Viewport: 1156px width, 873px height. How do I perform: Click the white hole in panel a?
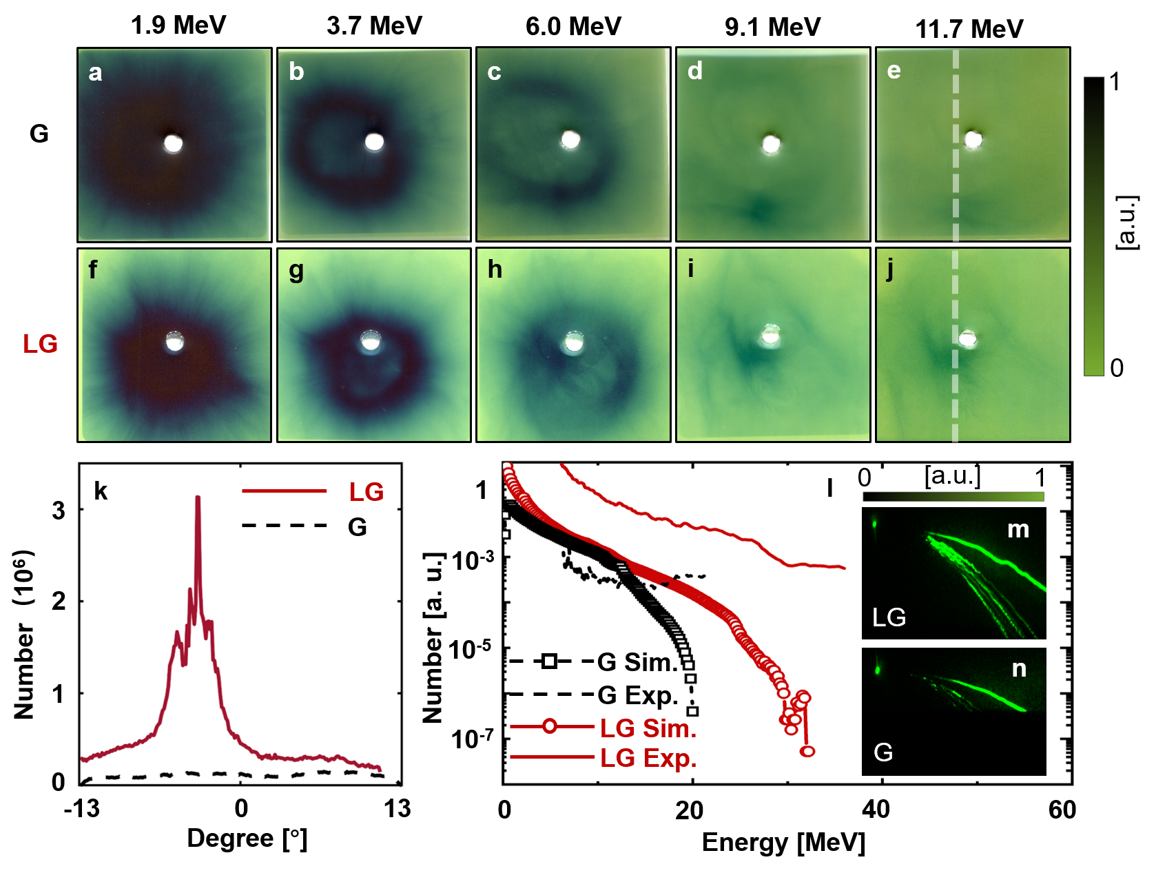click(x=173, y=143)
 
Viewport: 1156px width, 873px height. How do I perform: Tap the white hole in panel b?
click(x=374, y=142)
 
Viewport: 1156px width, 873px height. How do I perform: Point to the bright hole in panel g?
click(x=371, y=341)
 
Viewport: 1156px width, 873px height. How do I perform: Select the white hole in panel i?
click(x=770, y=336)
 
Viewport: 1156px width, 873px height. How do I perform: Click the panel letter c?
click(x=494, y=72)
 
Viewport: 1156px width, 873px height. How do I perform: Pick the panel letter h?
click(x=495, y=269)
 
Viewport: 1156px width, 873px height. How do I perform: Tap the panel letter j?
click(x=889, y=269)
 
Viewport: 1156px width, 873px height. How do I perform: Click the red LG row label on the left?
click(x=40, y=344)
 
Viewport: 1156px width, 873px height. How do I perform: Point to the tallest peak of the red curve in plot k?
click(x=198, y=497)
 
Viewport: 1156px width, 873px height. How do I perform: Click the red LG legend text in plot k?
click(x=366, y=492)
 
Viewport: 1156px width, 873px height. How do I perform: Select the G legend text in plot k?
click(x=357, y=527)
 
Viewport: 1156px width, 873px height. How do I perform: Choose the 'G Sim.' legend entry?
click(x=637, y=662)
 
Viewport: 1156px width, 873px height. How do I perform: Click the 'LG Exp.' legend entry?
click(x=648, y=758)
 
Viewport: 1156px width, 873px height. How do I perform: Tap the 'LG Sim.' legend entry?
click(x=648, y=728)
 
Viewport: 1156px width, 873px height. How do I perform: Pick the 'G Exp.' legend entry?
click(x=637, y=695)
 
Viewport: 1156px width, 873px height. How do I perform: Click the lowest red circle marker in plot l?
click(x=808, y=751)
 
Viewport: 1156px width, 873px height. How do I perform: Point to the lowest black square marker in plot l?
click(x=692, y=711)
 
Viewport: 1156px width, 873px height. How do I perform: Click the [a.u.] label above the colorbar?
click(x=952, y=475)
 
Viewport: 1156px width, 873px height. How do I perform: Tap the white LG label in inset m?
click(x=889, y=617)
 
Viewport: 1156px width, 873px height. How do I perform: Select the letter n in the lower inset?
click(x=1019, y=668)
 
